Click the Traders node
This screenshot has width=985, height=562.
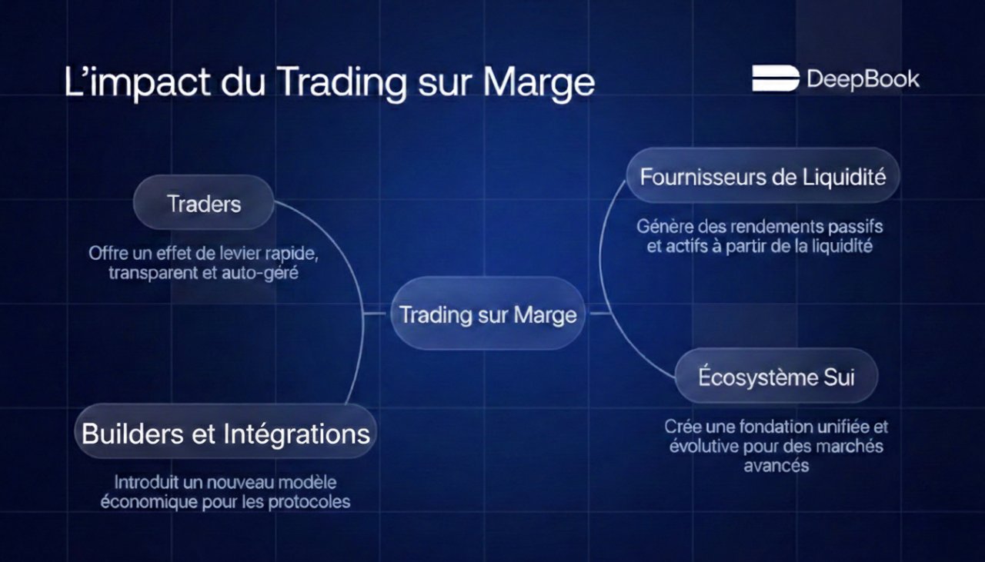pyautogui.click(x=204, y=203)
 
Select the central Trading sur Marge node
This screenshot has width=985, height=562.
pyautogui.click(x=488, y=314)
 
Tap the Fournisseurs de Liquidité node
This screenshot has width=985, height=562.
pyautogui.click(x=763, y=176)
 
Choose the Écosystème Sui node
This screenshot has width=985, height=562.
pyautogui.click(x=776, y=377)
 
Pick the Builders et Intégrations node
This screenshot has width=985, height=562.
pyautogui.click(x=225, y=434)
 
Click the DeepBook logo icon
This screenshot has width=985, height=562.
pyautogui.click(x=775, y=78)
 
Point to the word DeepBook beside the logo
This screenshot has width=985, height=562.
pyautogui.click(x=863, y=79)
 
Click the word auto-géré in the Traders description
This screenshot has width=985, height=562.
pyautogui.click(x=261, y=272)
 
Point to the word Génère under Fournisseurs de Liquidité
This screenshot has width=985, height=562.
pyautogui.click(x=664, y=228)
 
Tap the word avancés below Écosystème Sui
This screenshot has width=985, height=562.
pyautogui.click(x=776, y=466)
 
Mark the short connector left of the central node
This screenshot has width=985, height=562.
pyautogui.click(x=376, y=313)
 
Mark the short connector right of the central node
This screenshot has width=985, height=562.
pyautogui.click(x=599, y=313)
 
